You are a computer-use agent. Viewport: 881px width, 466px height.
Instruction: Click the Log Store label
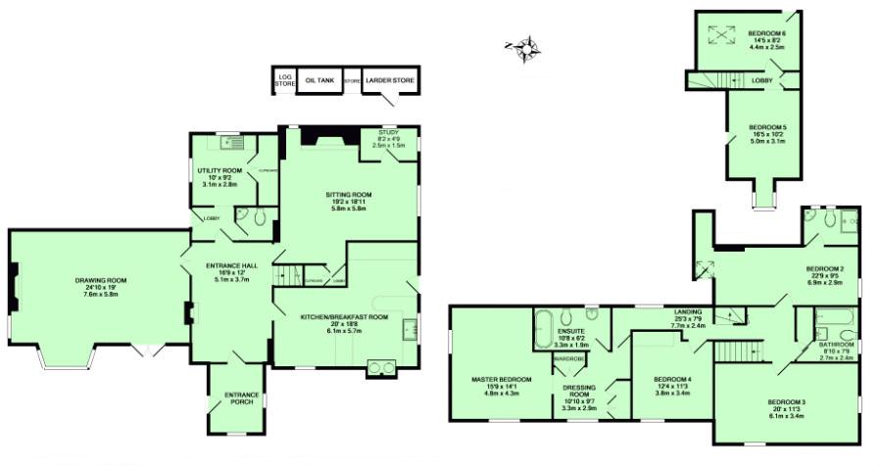pyautogui.click(x=284, y=81)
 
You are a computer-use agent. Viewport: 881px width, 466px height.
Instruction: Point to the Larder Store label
pyautogui.click(x=390, y=81)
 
